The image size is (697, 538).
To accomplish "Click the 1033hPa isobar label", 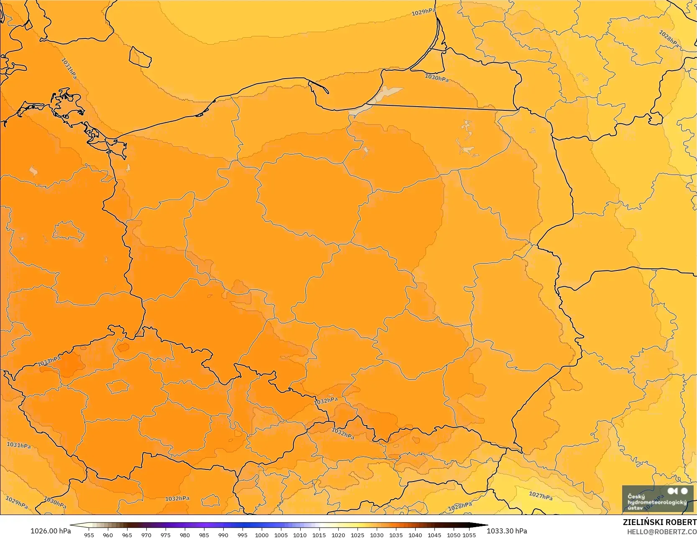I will point(49,361).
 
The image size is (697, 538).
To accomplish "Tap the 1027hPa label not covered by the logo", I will point(541,496).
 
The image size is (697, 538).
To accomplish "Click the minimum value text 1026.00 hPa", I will point(51,531).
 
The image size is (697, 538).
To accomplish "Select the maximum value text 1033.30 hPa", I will point(507,531).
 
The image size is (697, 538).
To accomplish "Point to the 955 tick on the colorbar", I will point(89,535).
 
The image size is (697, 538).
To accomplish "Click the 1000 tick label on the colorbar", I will point(262,535).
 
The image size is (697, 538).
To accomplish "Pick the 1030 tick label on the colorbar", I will point(377,535).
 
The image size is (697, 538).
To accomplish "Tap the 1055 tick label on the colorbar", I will point(469,535).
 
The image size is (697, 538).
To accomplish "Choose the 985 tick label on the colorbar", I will point(204,535).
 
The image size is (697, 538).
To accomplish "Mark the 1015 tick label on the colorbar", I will point(319,535).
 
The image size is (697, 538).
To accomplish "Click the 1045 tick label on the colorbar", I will point(434,535).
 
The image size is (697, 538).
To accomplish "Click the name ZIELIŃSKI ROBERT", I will point(659,523).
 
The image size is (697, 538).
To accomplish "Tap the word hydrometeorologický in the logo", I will point(657,502).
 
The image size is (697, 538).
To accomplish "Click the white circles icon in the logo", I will point(678,491).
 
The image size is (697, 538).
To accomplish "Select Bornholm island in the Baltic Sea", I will point(140,56).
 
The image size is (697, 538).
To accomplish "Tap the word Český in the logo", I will point(636,497).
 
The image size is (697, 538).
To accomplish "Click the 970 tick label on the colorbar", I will point(146,535).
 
